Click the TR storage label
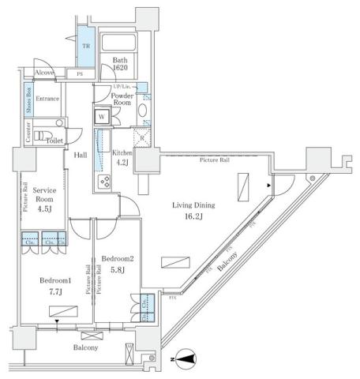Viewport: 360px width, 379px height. coord(84,46)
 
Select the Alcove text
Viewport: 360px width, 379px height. coord(45,72)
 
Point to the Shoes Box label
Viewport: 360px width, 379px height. coord(29,102)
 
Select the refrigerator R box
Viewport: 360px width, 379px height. coord(141,137)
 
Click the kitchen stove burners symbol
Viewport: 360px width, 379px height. coord(103,182)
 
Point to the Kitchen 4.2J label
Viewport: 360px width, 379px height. coord(122,157)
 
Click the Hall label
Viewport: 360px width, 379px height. coord(81,156)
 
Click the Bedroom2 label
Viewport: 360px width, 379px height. coord(118,259)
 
